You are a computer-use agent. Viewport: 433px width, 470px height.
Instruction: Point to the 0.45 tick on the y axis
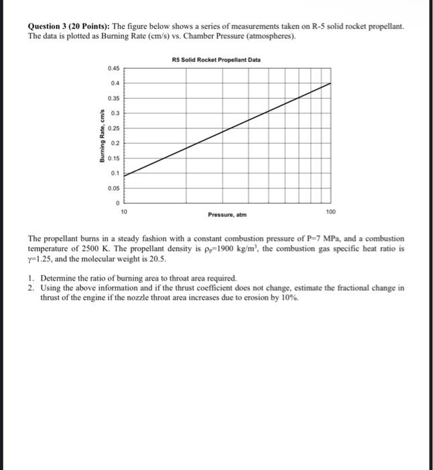click(112, 68)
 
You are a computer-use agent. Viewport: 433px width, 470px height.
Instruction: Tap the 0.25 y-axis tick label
click(112, 128)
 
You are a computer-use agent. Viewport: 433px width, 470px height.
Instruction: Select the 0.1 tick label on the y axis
click(114, 173)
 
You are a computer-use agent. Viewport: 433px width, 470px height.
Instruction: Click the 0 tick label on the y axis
click(117, 203)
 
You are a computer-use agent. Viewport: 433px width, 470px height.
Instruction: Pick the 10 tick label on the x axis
click(124, 211)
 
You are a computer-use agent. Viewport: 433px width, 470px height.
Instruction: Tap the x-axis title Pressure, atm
click(228, 216)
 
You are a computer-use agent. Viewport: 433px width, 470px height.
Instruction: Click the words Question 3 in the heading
click(50, 26)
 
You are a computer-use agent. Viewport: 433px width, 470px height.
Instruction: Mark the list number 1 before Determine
click(31, 277)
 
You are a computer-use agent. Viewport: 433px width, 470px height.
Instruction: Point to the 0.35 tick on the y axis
click(112, 98)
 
